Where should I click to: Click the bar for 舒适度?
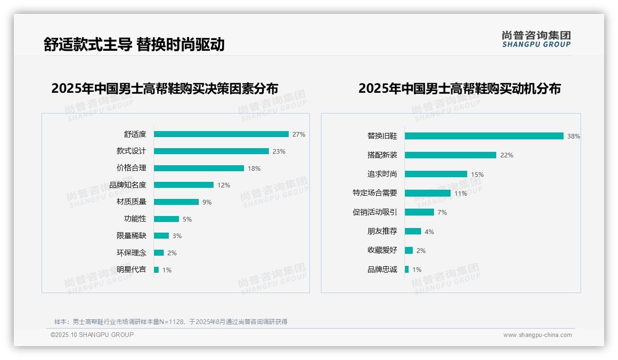coord(221,134)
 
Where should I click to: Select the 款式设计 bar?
coord(211,151)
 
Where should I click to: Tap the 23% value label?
coord(279,151)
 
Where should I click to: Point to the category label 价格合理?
coord(131,168)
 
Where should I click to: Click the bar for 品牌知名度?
coord(184,185)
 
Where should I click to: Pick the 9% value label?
coord(207,202)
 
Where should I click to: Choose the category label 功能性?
coord(135,219)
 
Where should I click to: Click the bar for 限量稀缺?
coord(161,236)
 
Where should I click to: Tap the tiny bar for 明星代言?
coord(156,270)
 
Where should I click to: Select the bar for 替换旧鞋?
coord(484,136)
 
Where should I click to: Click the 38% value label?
coord(574,137)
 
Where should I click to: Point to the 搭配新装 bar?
coord(450,155)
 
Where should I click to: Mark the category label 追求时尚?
coord(382,174)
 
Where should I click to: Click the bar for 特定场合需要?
coord(428,193)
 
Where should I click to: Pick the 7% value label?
coord(442,212)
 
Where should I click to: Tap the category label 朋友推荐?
coord(382,231)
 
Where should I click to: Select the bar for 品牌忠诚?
coord(407,270)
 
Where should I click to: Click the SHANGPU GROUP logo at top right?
coord(536,39)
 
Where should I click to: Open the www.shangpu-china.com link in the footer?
coord(537,335)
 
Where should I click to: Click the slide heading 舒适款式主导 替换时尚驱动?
coord(134,44)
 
